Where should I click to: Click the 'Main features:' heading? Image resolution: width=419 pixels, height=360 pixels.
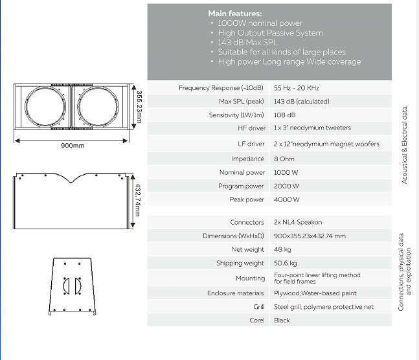[x=235, y=13]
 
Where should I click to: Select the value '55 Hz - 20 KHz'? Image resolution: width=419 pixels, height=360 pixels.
[x=297, y=87]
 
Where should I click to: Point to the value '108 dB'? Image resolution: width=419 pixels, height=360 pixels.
[x=285, y=115]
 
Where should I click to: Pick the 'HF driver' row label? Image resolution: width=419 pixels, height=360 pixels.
[x=252, y=128]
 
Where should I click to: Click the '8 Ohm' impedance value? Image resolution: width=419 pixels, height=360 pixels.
[x=284, y=159]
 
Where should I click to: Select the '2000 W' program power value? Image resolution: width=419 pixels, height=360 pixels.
[x=286, y=186]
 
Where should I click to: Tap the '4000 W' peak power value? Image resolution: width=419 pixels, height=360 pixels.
[x=286, y=199]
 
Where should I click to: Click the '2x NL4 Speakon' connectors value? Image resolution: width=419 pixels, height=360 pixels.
[x=298, y=222]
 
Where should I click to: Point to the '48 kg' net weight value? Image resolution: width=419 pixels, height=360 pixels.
[x=282, y=249]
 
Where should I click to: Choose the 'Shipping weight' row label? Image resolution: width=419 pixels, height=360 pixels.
[x=240, y=264]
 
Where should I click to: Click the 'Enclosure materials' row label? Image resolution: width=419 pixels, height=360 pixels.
[x=236, y=293]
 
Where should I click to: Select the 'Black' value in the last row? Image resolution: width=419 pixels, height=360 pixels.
[x=282, y=321]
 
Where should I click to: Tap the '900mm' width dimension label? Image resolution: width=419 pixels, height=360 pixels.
[x=73, y=146]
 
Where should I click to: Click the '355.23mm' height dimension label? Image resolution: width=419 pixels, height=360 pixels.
[x=139, y=106]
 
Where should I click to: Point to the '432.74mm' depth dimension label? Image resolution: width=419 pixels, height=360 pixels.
[x=138, y=201]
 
